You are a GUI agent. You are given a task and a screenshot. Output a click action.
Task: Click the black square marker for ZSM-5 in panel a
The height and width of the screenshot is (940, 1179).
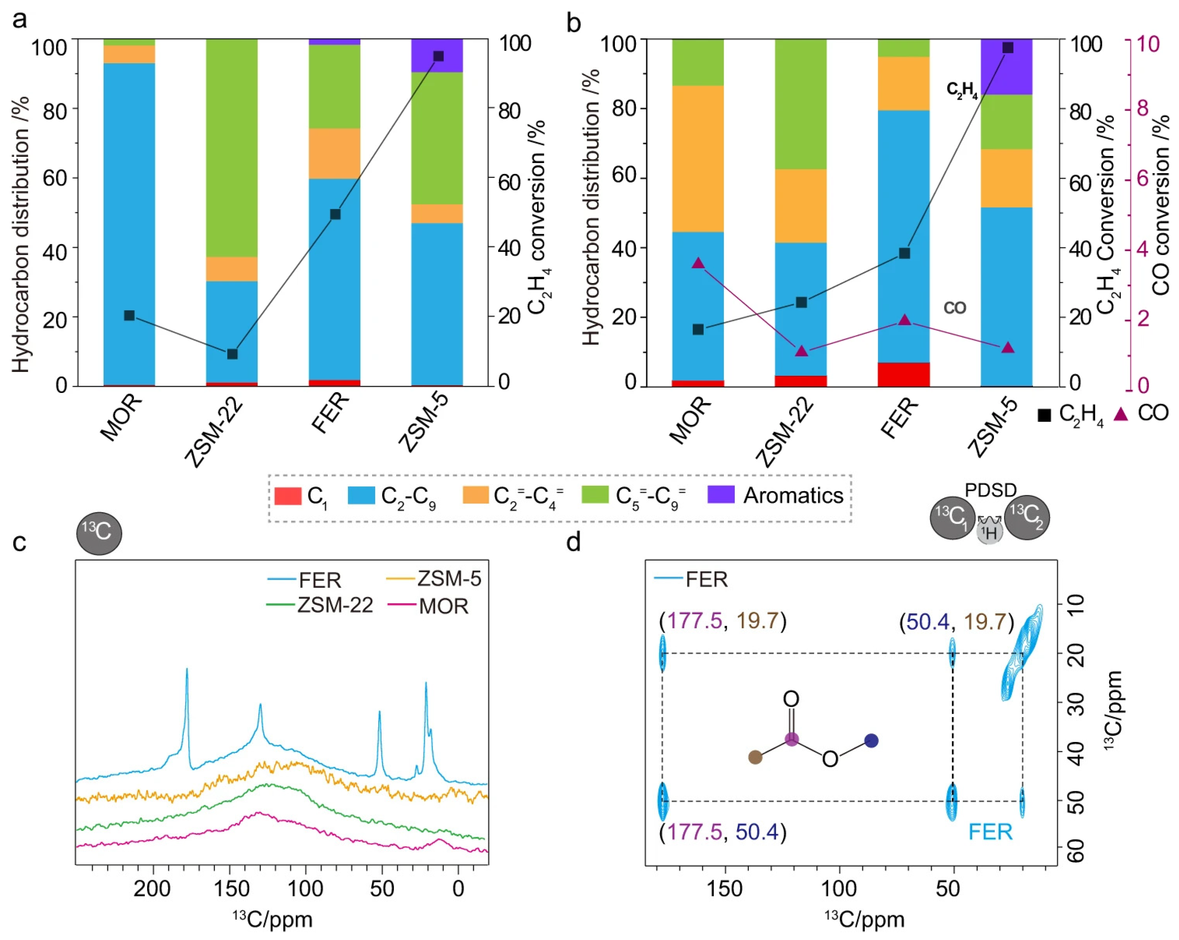click(x=438, y=56)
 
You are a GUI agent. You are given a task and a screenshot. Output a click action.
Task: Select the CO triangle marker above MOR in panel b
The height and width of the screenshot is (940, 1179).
click(x=698, y=263)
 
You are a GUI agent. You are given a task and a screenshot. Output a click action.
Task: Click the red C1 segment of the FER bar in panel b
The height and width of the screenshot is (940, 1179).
click(x=904, y=374)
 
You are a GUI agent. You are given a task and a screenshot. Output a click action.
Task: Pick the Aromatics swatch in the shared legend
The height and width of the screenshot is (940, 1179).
click(x=721, y=495)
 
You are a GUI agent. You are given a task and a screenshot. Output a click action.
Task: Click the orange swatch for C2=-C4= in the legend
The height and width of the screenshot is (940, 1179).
click(x=475, y=495)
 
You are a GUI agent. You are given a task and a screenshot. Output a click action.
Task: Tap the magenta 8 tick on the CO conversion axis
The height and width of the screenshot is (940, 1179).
click(x=1143, y=108)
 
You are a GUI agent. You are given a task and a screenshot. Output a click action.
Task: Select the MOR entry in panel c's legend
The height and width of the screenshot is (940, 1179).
click(x=443, y=606)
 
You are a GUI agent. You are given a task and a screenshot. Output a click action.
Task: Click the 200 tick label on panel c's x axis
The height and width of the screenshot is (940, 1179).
click(x=152, y=889)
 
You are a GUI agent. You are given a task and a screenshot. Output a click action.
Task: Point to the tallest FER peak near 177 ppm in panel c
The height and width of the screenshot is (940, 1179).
click(x=187, y=670)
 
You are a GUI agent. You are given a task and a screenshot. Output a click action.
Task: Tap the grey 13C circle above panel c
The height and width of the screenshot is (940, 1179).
click(x=99, y=532)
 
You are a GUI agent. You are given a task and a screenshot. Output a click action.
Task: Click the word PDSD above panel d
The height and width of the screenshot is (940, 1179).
click(x=990, y=490)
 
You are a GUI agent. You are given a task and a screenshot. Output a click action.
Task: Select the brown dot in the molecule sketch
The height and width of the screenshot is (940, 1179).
click(x=755, y=757)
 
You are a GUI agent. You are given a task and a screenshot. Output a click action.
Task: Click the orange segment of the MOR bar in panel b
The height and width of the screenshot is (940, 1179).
click(x=698, y=159)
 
